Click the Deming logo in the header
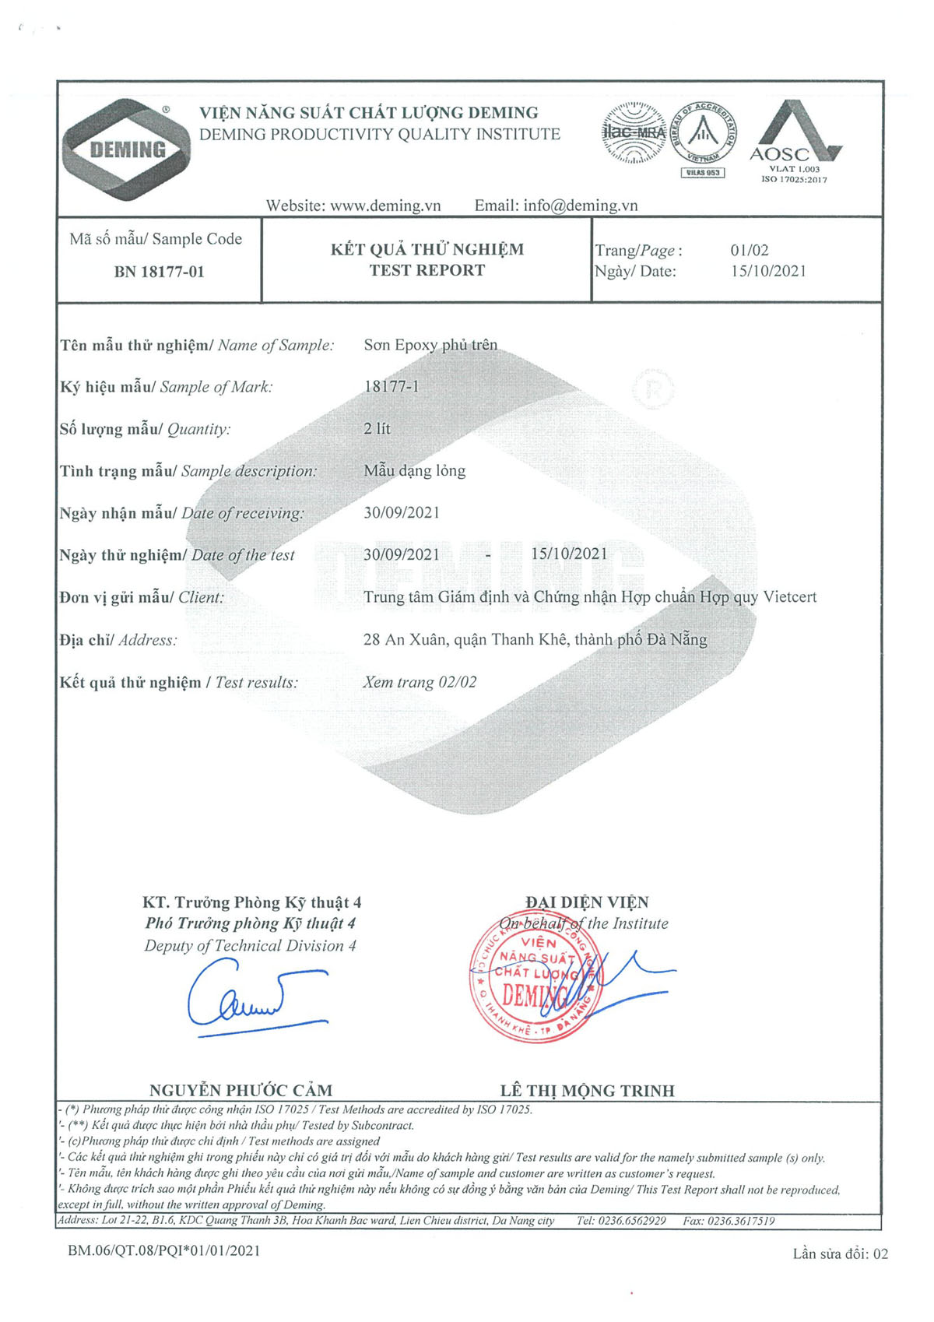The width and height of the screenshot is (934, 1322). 126,149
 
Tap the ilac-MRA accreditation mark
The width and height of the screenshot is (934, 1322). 633,132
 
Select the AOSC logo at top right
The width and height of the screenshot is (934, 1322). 794,140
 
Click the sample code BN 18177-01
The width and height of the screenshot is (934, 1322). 159,272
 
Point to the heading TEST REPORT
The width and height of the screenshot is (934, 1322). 427,270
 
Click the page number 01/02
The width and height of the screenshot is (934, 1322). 749,250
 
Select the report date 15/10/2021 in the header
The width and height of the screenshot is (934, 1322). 767,271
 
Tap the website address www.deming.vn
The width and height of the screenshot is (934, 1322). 385,206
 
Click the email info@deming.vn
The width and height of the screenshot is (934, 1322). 580,206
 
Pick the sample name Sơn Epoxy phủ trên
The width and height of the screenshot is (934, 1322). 430,345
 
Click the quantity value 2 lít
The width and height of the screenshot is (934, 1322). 377,428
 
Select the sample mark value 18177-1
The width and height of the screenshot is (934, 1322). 391,386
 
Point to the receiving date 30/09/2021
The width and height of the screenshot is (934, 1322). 402,512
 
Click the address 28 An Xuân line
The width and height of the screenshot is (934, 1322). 535,639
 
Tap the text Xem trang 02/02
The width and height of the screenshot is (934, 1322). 420,682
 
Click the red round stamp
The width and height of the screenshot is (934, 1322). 533,977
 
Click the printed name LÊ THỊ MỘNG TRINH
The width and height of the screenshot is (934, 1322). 587,1090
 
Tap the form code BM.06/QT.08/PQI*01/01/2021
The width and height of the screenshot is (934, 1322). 164,1250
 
